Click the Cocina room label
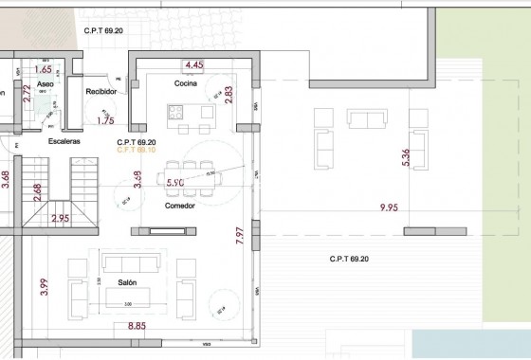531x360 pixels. (x=184, y=83)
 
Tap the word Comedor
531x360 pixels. (x=179, y=205)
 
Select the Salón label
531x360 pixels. (x=129, y=282)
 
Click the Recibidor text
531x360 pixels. (x=101, y=92)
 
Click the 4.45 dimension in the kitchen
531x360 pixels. (x=194, y=65)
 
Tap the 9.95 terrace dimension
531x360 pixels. (x=389, y=207)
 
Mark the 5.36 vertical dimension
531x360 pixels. (x=407, y=157)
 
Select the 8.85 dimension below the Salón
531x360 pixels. (x=137, y=327)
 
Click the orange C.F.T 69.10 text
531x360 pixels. (x=136, y=150)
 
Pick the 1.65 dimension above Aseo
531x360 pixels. (x=43, y=69)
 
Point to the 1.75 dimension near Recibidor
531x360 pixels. (x=105, y=121)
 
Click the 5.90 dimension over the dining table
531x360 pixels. (x=174, y=182)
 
